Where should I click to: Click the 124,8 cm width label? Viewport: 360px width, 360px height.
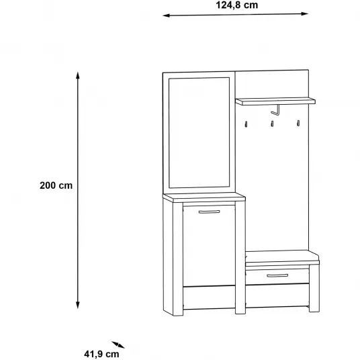237,5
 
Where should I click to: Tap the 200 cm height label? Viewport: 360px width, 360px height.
56,185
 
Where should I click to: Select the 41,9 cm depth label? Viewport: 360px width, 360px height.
101,354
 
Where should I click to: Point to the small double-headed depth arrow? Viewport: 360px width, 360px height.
118,345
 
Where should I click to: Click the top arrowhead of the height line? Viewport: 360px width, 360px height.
78,75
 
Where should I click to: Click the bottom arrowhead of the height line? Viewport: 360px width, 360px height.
78,306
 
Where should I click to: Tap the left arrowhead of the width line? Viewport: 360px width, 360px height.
166,15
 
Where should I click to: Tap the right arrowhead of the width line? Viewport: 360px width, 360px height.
305,14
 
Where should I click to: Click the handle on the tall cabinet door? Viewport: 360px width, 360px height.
209,212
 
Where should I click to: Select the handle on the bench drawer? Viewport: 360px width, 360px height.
277,275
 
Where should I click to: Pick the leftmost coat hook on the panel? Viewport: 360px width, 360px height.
246,124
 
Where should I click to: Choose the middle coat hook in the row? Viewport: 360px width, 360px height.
272,124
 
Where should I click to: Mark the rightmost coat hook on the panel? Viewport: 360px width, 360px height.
298,123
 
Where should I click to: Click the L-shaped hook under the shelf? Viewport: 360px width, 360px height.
277,111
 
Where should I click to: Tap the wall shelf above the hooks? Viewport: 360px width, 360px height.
275,101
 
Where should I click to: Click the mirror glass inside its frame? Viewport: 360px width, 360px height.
199,133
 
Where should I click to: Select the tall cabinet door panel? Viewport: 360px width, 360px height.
209,246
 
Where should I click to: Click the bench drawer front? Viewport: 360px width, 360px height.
277,277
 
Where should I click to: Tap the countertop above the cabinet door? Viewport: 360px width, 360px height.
204,197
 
